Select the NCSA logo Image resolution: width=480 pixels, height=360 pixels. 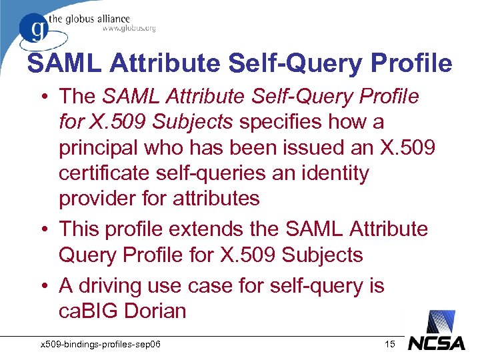point(437,342)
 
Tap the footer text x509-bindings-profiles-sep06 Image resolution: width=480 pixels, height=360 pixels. point(103,344)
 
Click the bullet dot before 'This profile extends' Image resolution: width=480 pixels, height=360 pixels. point(45,229)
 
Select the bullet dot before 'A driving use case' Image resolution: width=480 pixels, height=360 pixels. point(45,286)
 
